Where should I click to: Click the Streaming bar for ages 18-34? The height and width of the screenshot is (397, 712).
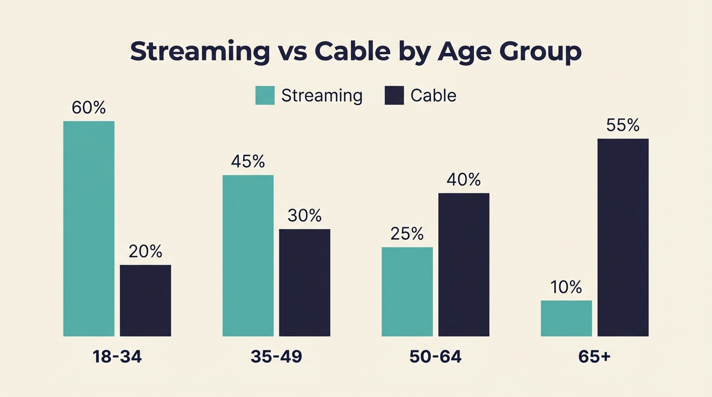coord(88,228)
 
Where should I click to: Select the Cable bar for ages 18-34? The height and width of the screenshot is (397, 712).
coord(145,300)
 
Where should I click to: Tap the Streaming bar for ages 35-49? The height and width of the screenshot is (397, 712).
coord(248,255)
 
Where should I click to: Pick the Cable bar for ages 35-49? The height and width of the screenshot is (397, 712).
coord(304,282)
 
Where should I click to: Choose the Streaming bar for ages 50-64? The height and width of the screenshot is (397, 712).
coord(407,292)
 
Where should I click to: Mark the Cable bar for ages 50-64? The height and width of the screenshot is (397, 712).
coord(464,265)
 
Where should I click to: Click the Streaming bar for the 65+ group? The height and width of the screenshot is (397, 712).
coord(566,318)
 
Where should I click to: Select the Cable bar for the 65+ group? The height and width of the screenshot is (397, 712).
coord(622,237)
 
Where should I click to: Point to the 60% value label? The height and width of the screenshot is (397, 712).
coord(88,108)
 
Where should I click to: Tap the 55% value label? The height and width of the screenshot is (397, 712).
coord(622,125)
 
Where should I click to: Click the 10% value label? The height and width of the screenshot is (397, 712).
coord(566,287)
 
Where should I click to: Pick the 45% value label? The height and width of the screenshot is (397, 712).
coord(248,161)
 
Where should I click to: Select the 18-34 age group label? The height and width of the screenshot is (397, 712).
coord(117,357)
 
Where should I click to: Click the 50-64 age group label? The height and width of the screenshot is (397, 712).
coord(435,357)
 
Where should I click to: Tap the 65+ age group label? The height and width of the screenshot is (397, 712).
coord(595,357)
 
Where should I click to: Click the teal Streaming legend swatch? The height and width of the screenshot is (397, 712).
coord(265,96)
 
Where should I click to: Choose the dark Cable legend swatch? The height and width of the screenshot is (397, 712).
coord(394,96)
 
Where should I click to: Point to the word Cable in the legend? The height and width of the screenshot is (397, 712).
coord(433,96)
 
